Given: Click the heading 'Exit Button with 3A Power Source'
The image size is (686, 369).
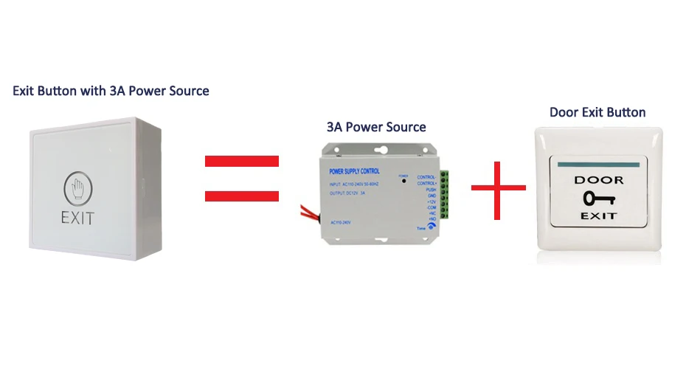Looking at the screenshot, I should [x=111, y=91].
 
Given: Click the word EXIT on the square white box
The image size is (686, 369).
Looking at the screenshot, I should [x=78, y=218].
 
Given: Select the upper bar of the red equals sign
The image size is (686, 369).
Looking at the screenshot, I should [x=241, y=161].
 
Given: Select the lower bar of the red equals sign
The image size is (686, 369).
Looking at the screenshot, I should [x=241, y=196].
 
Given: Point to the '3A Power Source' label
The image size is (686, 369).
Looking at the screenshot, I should [x=376, y=127].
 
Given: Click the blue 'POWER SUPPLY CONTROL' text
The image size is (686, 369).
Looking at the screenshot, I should [x=350, y=171].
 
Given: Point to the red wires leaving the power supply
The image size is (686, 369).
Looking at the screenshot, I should [x=307, y=214].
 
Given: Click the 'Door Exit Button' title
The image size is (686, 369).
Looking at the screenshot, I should [x=597, y=112].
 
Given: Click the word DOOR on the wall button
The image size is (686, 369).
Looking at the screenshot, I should [x=598, y=180].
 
